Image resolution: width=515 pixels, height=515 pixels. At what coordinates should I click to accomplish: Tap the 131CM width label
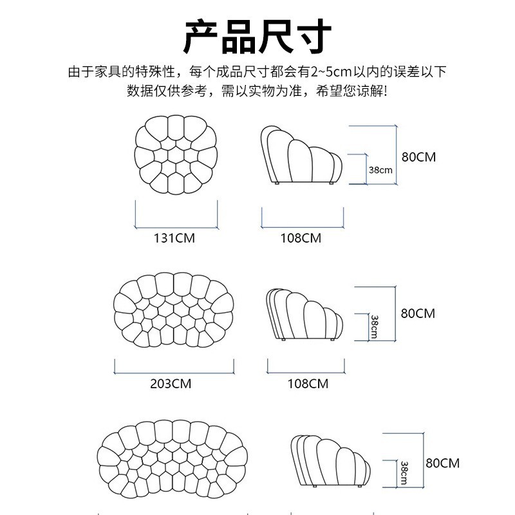[174, 238]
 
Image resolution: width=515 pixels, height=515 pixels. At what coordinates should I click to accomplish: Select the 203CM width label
[171, 384]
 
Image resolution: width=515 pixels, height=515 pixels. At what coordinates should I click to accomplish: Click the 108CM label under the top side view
[301, 238]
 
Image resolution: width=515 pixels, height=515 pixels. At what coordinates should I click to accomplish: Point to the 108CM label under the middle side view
[308, 384]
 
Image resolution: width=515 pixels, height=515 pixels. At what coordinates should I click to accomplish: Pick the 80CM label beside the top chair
[418, 156]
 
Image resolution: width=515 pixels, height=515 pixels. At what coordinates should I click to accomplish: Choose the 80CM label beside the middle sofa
[418, 314]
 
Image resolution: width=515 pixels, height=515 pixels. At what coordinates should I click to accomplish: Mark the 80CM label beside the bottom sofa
[443, 463]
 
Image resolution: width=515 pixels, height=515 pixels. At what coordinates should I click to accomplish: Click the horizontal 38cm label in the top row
[380, 170]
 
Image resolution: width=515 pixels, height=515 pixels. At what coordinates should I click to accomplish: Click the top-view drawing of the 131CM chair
[174, 154]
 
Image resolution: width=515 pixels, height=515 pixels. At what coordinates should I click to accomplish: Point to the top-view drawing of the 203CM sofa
[174, 312]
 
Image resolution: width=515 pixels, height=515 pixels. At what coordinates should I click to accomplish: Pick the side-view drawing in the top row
[299, 154]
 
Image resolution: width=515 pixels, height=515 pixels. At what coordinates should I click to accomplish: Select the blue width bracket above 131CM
[176, 227]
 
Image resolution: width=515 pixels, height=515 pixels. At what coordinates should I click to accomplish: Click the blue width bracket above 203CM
[174, 372]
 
